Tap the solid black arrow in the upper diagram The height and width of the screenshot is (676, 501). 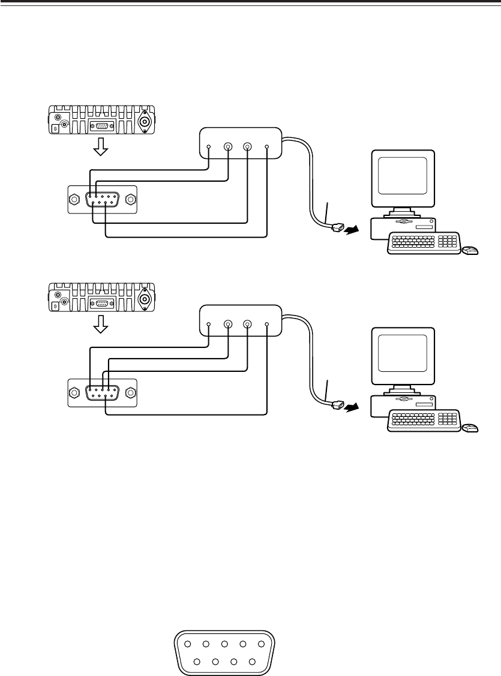click(x=352, y=230)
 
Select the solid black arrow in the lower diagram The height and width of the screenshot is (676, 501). click(x=352, y=407)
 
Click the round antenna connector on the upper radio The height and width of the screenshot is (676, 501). click(x=145, y=122)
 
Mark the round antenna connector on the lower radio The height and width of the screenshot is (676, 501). click(x=145, y=299)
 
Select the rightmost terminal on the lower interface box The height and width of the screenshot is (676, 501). click(x=266, y=324)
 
